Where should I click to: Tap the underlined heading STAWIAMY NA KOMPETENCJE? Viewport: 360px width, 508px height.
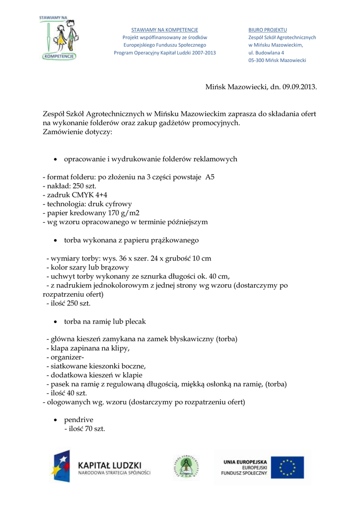(164, 30)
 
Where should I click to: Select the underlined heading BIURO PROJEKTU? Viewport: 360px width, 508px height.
(268, 30)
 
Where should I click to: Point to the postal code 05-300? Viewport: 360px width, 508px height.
(257, 60)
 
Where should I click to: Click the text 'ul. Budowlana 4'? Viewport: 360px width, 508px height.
(266, 53)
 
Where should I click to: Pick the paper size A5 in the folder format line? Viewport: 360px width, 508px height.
(210, 177)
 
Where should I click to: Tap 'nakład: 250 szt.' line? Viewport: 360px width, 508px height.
(72, 186)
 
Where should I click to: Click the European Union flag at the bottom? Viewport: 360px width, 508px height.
(290, 467)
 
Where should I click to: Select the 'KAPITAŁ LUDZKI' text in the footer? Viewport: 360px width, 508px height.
(110, 465)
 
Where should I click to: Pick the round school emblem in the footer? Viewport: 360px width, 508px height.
(186, 467)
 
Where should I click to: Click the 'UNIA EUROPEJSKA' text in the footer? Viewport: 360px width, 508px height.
(245, 461)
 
